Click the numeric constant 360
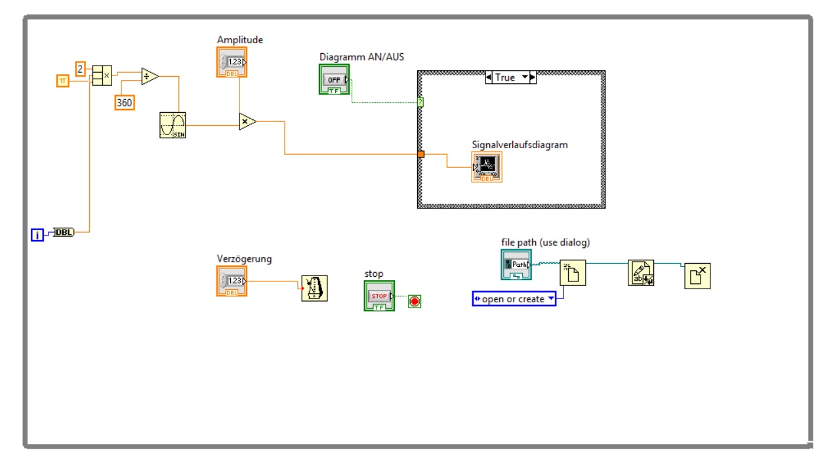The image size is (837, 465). tap(125, 102)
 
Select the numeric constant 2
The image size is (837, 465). tap(80, 68)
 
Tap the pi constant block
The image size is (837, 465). tap(62, 81)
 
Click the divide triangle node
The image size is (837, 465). tap(150, 76)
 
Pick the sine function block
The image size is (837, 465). tap(173, 125)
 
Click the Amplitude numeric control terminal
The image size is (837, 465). tap(232, 62)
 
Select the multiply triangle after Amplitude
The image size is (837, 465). tap(247, 121)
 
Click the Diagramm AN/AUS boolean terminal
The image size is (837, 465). tap(335, 79)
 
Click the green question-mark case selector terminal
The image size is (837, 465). tap(420, 102)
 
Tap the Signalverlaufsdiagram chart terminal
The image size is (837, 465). tap(487, 167)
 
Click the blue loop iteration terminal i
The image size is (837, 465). tap(37, 234)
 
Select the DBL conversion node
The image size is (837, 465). tap(64, 232)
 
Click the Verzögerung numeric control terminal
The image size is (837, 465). tap(232, 281)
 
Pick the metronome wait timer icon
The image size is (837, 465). tap(314, 288)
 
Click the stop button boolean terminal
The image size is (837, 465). tap(379, 296)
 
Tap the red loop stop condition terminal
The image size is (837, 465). tap(415, 301)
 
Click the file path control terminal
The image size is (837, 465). tap(516, 264)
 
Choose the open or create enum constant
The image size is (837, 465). tap(514, 299)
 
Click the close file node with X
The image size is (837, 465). tap(697, 276)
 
